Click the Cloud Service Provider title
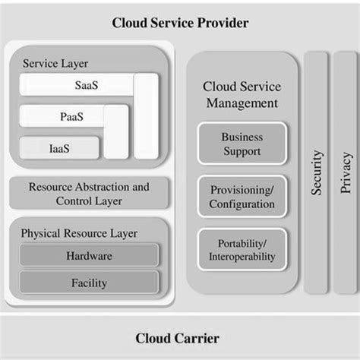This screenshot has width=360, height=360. pyautogui.click(x=180, y=23)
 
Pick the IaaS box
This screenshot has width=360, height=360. pyautogui.click(x=59, y=147)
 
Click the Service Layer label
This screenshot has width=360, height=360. pyautogui.click(x=55, y=63)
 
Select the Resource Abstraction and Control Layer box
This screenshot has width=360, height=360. pyautogui.click(x=89, y=194)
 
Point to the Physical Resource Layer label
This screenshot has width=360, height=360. pyautogui.click(x=79, y=233)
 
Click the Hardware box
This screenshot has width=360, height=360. pyautogui.click(x=89, y=256)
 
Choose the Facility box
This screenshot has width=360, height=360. pyautogui.click(x=89, y=283)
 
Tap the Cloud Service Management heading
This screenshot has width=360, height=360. pyautogui.click(x=242, y=95)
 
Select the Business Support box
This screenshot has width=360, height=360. pyautogui.click(x=242, y=144)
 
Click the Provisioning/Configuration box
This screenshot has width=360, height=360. pyautogui.click(x=242, y=197)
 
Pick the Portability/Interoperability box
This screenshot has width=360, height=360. pyautogui.click(x=242, y=250)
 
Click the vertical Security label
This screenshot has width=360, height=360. pyautogui.click(x=317, y=172)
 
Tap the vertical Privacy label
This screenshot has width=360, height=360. pyautogui.click(x=346, y=172)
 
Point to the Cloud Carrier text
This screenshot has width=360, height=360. pyautogui.click(x=180, y=338)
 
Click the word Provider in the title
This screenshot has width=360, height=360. pyautogui.click(x=223, y=23)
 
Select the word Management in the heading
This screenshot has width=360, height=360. pyautogui.click(x=242, y=103)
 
